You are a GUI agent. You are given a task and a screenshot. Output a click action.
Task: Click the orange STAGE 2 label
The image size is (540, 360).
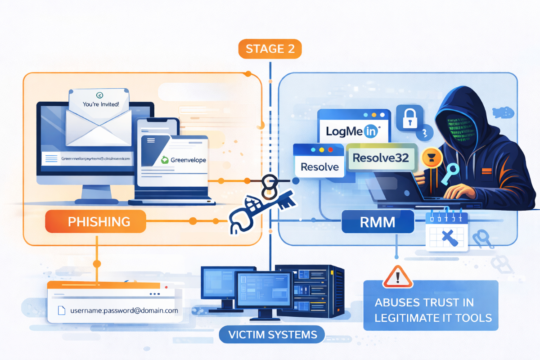coord(270,49)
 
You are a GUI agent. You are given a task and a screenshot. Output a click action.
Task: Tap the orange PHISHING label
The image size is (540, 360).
coord(95,221)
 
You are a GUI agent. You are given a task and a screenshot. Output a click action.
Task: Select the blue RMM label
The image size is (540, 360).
coord(378,221)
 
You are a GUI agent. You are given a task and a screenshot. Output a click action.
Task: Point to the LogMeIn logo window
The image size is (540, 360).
coord(353,131)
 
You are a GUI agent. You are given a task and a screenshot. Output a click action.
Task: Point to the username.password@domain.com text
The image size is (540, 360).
coord(124,310)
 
